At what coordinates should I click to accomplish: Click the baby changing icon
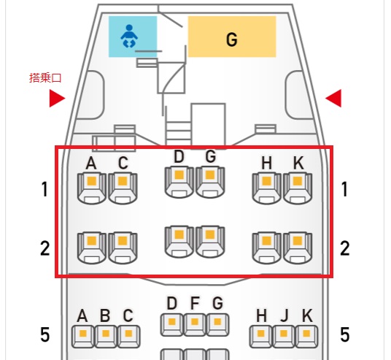tap(128, 37)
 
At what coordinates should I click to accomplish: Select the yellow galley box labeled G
tap(232, 37)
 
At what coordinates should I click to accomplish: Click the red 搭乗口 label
tap(45, 78)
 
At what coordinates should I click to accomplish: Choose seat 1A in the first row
tap(91, 187)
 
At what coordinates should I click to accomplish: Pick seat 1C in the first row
tap(123, 187)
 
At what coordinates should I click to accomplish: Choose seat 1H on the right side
tap(266, 187)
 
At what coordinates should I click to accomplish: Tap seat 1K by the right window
tap(298, 187)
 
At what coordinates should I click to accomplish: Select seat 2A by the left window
tap(91, 247)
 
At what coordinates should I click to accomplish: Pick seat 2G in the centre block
tap(210, 240)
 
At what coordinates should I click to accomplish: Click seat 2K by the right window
tap(298, 247)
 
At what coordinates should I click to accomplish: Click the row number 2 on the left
tap(45, 248)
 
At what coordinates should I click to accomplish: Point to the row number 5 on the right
tap(344, 335)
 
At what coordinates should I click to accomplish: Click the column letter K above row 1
tap(298, 162)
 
